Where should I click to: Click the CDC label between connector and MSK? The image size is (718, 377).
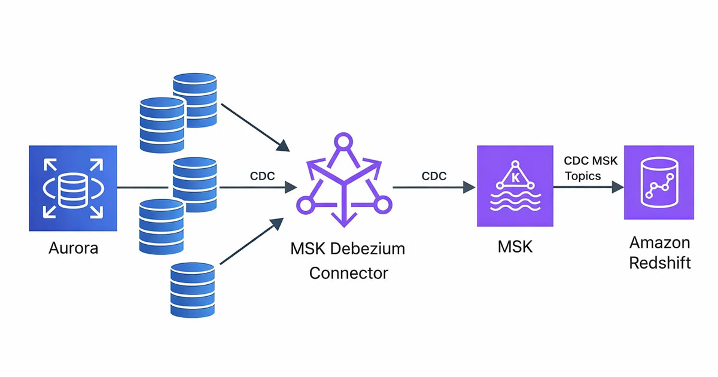pos(434,177)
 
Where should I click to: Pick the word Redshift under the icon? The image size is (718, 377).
pos(660,262)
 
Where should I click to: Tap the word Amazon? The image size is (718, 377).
pos(660,242)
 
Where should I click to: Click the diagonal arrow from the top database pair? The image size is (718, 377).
pos(254,127)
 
